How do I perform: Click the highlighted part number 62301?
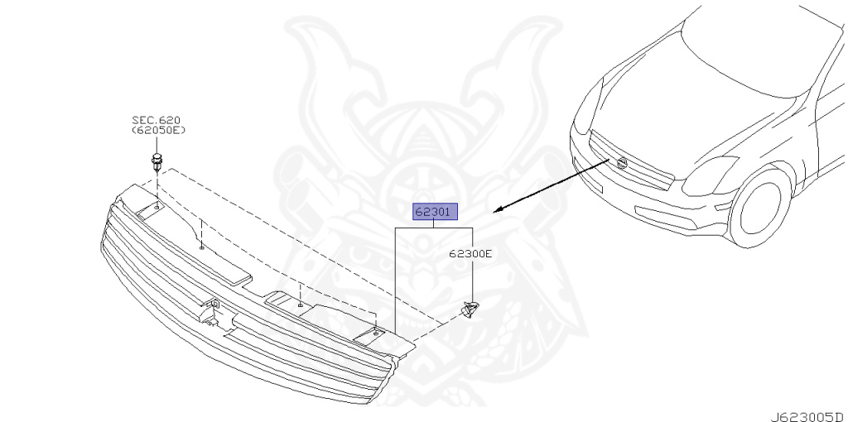click(x=433, y=212)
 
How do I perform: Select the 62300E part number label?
click(x=470, y=254)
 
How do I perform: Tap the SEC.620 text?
click(x=157, y=120)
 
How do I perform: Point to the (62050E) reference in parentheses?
click(x=158, y=131)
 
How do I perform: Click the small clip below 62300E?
click(x=470, y=309)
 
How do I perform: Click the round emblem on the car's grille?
click(x=620, y=164)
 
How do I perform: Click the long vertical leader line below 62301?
click(x=395, y=281)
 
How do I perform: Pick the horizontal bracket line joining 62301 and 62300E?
click(x=433, y=228)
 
